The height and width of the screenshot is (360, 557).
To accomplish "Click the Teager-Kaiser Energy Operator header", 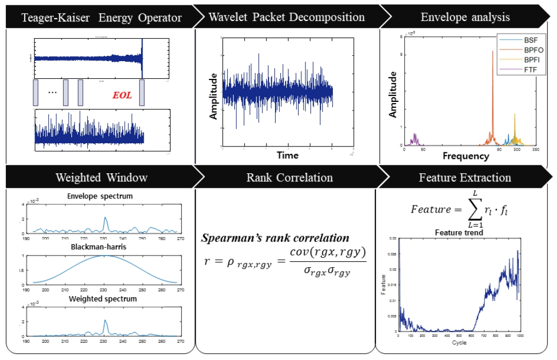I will tap(101, 17).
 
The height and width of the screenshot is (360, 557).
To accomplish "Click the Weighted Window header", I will tap(101, 177).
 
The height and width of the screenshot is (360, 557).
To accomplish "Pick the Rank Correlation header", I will tap(289, 177).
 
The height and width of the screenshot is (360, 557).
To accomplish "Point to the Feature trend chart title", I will tap(459, 232).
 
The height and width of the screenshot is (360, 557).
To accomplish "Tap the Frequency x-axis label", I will tap(465, 157).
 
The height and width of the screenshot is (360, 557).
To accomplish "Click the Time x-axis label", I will tap(287, 156).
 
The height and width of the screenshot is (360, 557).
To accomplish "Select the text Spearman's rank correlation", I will tap(275, 238).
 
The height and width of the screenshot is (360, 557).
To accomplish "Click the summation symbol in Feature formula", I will tap(474, 209).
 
